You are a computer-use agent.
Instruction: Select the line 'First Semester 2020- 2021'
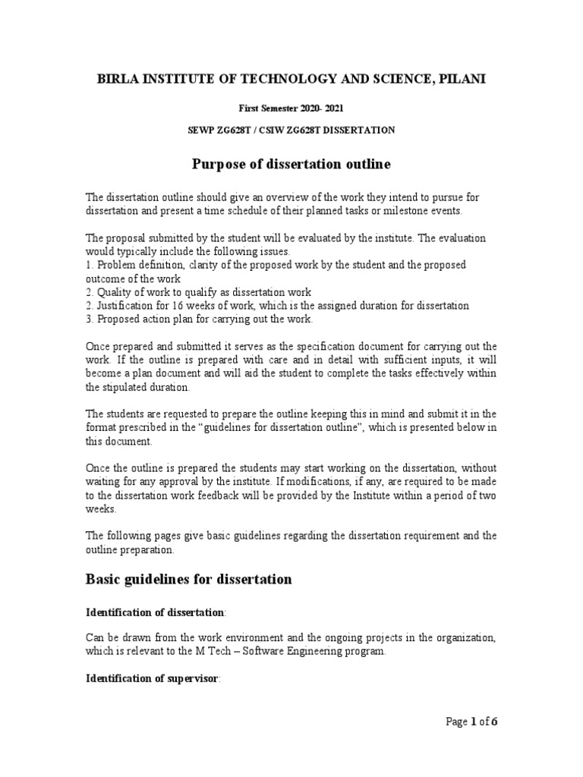pos(291,109)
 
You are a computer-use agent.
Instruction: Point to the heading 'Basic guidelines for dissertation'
pos(188,579)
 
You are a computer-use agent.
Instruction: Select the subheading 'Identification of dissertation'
pos(154,612)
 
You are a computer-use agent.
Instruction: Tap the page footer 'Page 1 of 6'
pos(471,722)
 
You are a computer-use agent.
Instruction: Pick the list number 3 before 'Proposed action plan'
pos(89,319)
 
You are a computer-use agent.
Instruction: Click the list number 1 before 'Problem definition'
pos(89,265)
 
